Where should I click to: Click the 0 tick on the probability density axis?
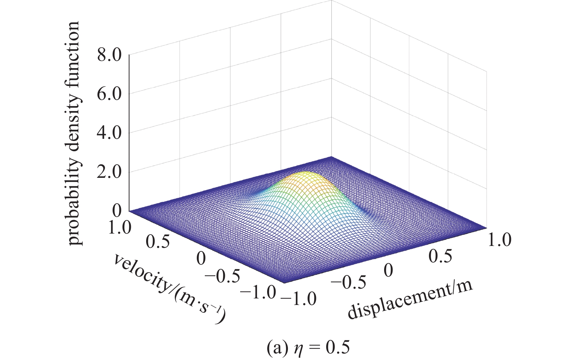pos(117,211)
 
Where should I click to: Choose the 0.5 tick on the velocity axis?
pos(157,242)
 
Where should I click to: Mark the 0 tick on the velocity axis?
pos(201,258)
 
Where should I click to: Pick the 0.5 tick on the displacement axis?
pos(440,256)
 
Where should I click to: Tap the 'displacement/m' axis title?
pos(410,301)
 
